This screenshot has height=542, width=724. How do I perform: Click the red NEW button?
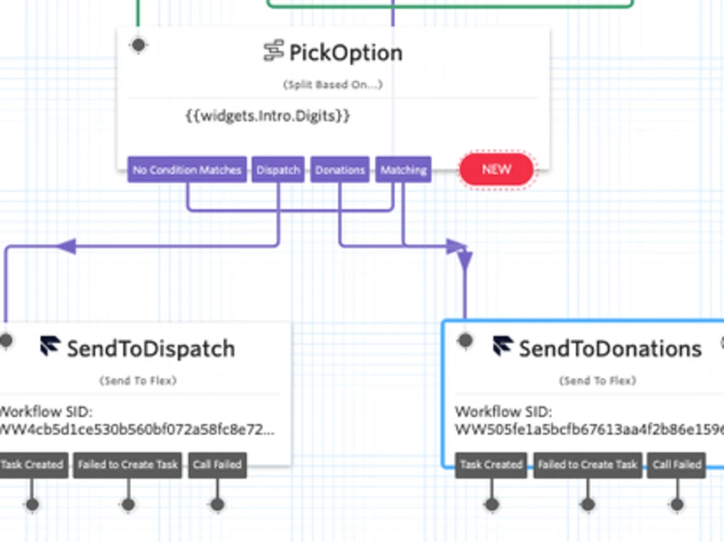(x=497, y=169)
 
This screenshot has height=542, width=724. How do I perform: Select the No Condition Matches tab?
(x=187, y=170)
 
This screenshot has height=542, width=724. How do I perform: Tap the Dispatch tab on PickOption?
(x=278, y=170)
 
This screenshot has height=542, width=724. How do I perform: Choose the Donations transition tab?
(x=340, y=170)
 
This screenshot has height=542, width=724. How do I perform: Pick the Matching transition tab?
(x=403, y=170)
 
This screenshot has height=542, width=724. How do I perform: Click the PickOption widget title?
(x=345, y=52)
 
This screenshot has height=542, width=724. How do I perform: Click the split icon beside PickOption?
(x=274, y=51)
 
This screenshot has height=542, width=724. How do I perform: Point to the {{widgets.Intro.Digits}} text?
(x=268, y=115)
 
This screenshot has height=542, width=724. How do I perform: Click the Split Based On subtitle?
(x=333, y=85)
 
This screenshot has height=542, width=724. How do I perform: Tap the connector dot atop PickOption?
(x=138, y=45)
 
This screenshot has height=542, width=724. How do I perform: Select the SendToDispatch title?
(x=151, y=349)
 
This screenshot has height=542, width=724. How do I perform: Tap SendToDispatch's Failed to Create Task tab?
(x=128, y=465)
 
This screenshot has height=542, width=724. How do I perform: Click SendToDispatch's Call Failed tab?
(x=217, y=465)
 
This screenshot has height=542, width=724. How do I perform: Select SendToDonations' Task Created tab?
(x=491, y=465)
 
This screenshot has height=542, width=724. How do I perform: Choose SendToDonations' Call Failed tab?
(x=677, y=465)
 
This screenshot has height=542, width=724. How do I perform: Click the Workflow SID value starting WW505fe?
(x=588, y=429)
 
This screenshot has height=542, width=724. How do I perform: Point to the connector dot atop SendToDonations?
(x=465, y=339)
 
